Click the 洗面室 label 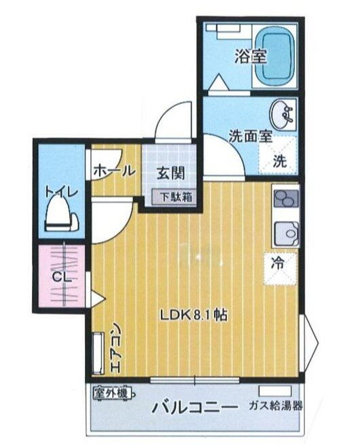point(250,136)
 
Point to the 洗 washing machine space point(280,162)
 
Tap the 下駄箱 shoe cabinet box point(175,197)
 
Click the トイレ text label point(61,192)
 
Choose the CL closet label point(61,277)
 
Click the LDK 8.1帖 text point(194,314)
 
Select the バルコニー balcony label point(195,408)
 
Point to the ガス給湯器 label point(275,407)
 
